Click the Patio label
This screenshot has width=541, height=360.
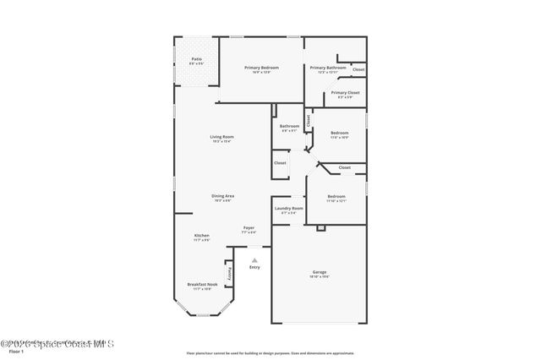[196, 58]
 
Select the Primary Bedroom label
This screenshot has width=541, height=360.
[261, 67]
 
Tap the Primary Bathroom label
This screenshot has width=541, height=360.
[327, 67]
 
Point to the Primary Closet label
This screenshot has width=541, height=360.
[345, 93]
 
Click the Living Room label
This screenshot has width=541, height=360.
[222, 137]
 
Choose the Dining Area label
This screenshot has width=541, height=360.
[223, 196]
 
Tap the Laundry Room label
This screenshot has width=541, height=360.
[288, 208]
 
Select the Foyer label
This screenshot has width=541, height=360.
[249, 227]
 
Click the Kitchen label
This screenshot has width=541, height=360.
[202, 236]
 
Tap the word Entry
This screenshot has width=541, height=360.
[254, 268]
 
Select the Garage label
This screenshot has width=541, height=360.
[320, 271]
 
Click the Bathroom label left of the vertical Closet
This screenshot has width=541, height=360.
[289, 126]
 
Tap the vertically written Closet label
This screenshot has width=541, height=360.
[309, 121]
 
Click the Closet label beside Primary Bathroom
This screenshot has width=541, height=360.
[358, 69]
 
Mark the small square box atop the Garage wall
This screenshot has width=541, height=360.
[321, 228]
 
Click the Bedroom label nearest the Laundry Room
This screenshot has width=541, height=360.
[336, 196]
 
